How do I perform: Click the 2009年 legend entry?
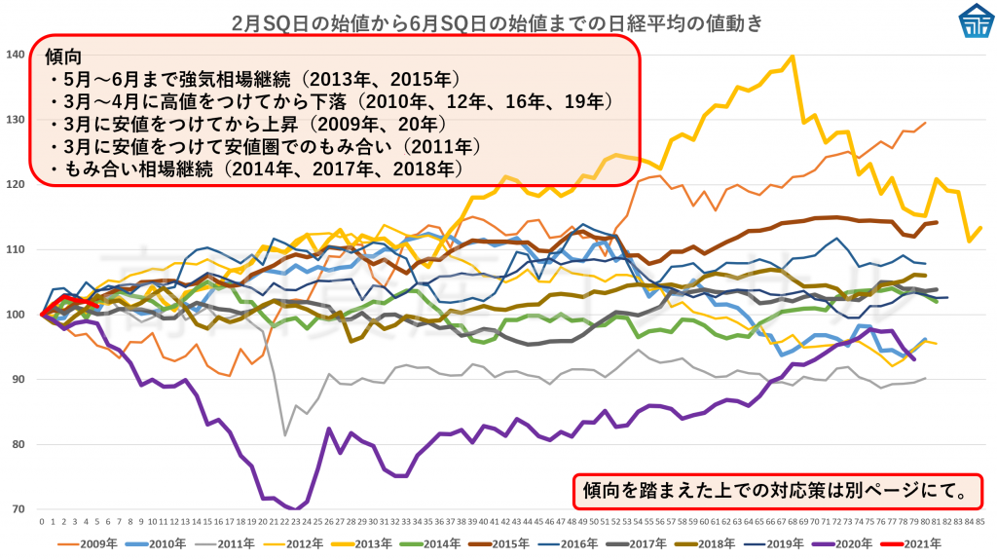click(x=92, y=543)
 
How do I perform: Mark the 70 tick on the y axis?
click(x=17, y=509)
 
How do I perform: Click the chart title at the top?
click(x=498, y=21)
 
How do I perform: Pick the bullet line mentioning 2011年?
click(x=263, y=146)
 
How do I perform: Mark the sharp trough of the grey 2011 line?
click(x=284, y=434)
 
